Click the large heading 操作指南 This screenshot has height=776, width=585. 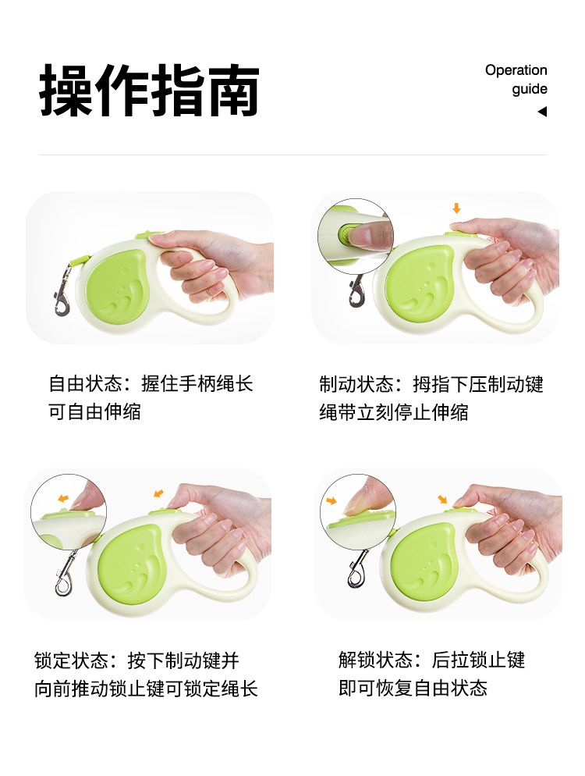click(x=149, y=90)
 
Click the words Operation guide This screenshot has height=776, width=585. click(x=516, y=79)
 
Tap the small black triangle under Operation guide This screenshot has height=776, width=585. click(x=542, y=112)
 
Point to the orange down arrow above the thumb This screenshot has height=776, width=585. click(x=456, y=208)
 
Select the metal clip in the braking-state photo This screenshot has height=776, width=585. click(x=356, y=290)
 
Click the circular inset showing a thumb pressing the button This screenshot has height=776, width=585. click(x=356, y=236)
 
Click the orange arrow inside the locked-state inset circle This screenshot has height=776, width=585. click(x=63, y=498)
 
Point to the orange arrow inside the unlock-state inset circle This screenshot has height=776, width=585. click(x=331, y=501)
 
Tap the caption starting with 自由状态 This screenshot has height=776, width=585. click(x=151, y=397)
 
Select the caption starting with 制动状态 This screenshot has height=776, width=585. click(x=431, y=398)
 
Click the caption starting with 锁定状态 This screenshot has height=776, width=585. click(x=146, y=674)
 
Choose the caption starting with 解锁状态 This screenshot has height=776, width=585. click(x=431, y=674)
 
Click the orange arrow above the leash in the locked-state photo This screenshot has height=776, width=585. click(x=158, y=493)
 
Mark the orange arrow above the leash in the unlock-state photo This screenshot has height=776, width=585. click(x=442, y=499)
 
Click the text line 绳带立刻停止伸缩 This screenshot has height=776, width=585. click(x=394, y=411)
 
